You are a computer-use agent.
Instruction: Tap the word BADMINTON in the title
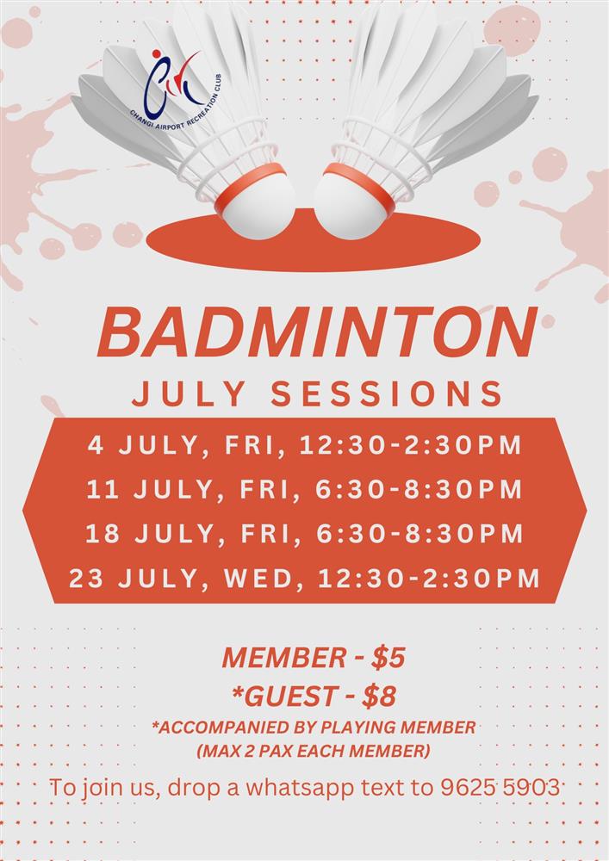317,332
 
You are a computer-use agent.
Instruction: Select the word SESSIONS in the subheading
387,393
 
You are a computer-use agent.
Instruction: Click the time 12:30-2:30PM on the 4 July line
411,445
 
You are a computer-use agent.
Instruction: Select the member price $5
388,657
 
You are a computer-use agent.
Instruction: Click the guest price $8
379,697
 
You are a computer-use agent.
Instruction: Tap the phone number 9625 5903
500,787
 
